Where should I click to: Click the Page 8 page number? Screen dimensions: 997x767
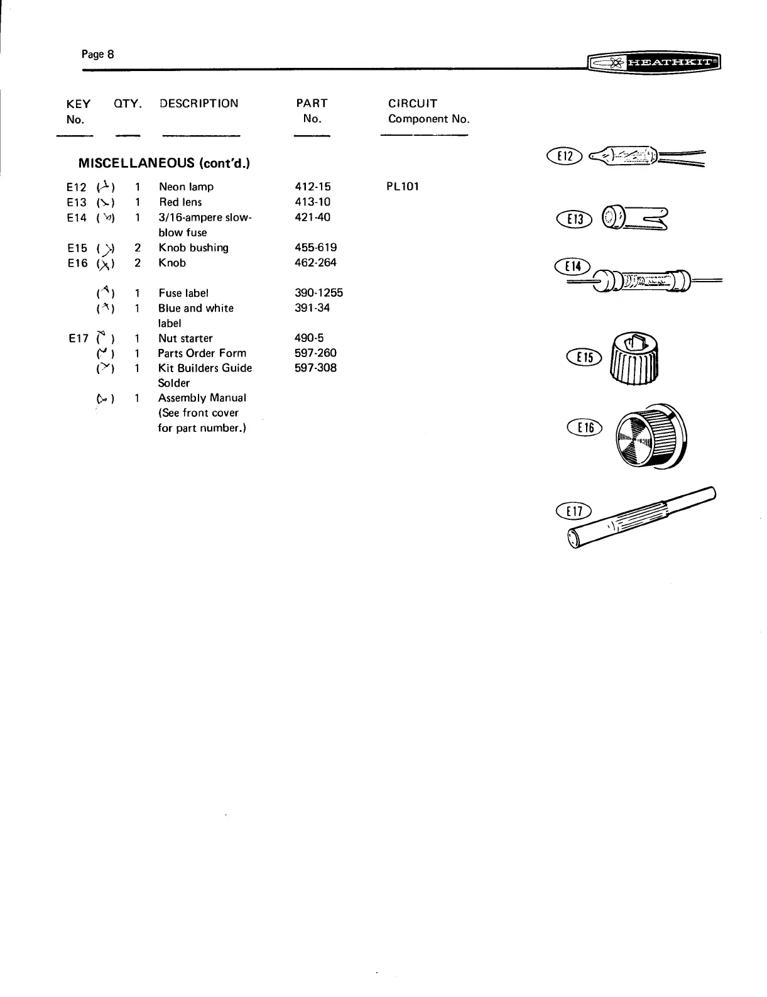pyautogui.click(x=97, y=54)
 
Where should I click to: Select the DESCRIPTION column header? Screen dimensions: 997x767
pyautogui.click(x=199, y=104)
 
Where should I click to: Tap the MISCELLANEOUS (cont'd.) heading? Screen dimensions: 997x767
pyautogui.click(x=164, y=163)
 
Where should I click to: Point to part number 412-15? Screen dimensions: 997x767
pyautogui.click(x=312, y=187)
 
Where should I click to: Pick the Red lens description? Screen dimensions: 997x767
pyautogui.click(x=180, y=202)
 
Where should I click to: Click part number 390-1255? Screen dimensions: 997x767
pyautogui.click(x=318, y=293)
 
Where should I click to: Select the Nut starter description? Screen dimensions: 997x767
pyautogui.click(x=185, y=338)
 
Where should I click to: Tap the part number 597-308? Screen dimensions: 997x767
pyautogui.click(x=315, y=368)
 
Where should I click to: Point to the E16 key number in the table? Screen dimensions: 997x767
pyautogui.click(x=77, y=263)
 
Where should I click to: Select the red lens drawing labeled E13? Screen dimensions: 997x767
pyautogui.click(x=634, y=218)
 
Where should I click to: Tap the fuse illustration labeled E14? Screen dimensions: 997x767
pyautogui.click(x=647, y=280)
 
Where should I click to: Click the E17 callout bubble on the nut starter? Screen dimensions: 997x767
pyautogui.click(x=573, y=510)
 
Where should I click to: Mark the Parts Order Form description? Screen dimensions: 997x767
pyautogui.click(x=202, y=353)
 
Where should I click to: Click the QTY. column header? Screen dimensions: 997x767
pyautogui.click(x=128, y=104)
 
